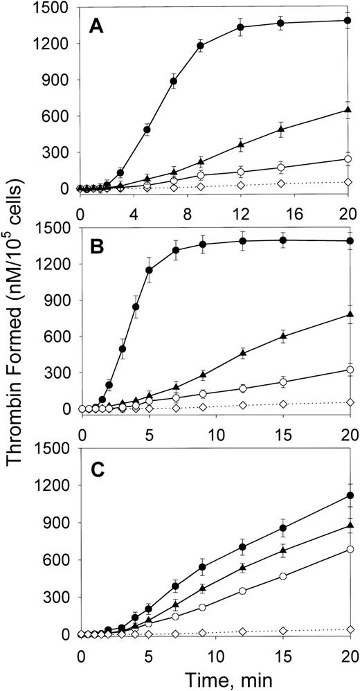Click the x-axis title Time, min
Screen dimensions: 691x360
coord(215,677)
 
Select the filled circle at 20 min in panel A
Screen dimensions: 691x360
coord(348,21)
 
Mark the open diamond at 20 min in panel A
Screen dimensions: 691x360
coord(348,182)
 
